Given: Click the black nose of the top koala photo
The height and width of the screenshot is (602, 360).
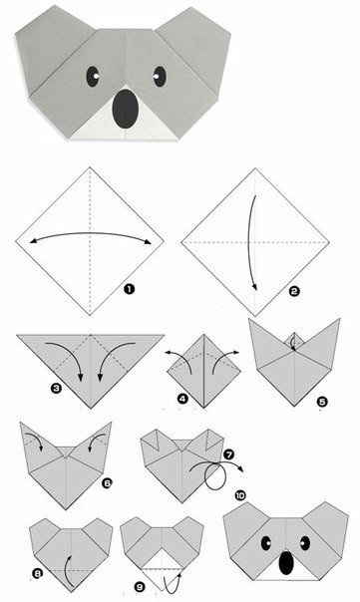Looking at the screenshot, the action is tap(126, 109).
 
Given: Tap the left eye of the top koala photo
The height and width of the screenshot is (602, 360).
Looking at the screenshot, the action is tap(92, 77).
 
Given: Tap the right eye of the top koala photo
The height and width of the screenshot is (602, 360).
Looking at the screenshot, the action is tap(160, 77).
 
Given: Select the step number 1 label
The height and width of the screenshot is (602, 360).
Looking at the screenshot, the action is tap(129, 289).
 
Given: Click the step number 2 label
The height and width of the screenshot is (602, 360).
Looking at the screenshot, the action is tap(294, 291).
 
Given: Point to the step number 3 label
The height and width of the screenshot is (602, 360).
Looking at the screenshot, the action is tap(57, 388).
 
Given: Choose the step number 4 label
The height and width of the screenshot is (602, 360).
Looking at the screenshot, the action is tap(182, 399).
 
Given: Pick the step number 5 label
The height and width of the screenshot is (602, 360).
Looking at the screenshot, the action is tap(322, 402).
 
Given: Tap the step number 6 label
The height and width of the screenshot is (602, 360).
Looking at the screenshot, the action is tap(107, 483).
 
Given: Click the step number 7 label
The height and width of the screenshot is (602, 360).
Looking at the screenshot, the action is tap(228, 455).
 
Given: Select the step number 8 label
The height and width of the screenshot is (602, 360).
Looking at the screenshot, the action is tap(37, 574).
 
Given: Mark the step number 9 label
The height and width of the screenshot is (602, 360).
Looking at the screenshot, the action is tap(140, 587).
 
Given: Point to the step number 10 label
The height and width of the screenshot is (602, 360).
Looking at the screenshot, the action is tap(240, 495).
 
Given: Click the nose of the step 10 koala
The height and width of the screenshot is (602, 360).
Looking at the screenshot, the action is tap(285, 563).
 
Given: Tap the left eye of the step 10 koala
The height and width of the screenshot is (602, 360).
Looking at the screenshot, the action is tap(265, 543).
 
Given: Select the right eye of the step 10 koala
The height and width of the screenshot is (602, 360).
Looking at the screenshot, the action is tap(305, 543).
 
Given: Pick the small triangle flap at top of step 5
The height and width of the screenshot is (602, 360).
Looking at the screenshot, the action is tap(294, 338).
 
